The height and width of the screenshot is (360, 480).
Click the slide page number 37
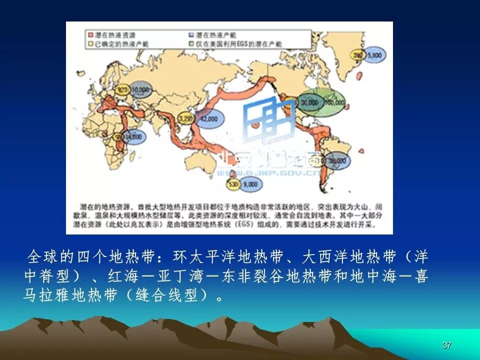click(x=447, y=345)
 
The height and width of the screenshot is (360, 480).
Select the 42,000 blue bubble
click(x=209, y=119)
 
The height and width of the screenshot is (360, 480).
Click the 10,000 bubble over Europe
click(x=141, y=90)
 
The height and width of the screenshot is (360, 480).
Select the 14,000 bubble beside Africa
click(x=133, y=136)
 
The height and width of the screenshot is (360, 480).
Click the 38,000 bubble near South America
click(x=337, y=160)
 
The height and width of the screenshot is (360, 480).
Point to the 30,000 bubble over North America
click(x=310, y=102)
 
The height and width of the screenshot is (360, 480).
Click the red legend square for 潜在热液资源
click(x=91, y=35)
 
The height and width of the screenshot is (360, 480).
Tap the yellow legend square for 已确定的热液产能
click(x=91, y=43)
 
